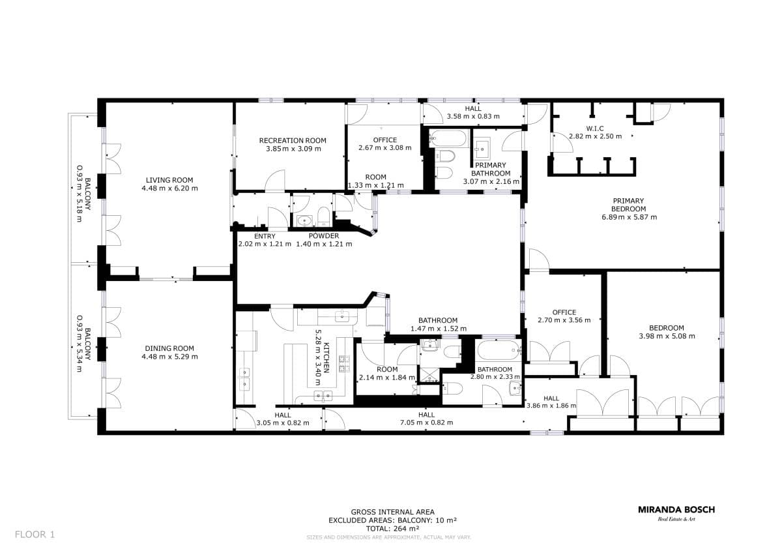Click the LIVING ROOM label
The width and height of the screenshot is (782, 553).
pyautogui.click(x=169, y=180)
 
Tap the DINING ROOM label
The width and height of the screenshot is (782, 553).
pyautogui.click(x=169, y=348)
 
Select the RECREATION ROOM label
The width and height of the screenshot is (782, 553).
pyautogui.click(x=293, y=140)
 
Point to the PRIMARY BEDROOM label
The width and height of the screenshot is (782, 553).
pyautogui.click(x=628, y=205)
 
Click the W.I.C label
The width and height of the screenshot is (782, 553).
pyautogui.click(x=595, y=128)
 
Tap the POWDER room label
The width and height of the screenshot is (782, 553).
pyautogui.click(x=324, y=236)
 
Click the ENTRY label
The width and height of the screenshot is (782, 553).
pyautogui.click(x=265, y=236)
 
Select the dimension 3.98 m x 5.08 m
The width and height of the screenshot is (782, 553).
pyautogui.click(x=667, y=336)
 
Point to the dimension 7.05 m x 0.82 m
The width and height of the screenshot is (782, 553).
pyautogui.click(x=426, y=423)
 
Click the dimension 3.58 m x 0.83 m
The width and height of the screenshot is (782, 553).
pyautogui.click(x=473, y=116)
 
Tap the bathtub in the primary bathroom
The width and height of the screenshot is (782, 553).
pyautogui.click(x=448, y=138)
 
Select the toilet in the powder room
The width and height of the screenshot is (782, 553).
pyautogui.click(x=324, y=217)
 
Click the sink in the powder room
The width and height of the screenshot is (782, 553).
pyautogui.click(x=304, y=221)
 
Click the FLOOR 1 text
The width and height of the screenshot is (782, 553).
pyautogui.click(x=35, y=535)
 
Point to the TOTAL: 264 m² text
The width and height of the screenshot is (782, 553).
pyautogui.click(x=392, y=529)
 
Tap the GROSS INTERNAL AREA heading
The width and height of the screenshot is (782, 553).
pyautogui.click(x=392, y=512)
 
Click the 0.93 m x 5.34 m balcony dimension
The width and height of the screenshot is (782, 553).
pyautogui.click(x=80, y=344)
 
